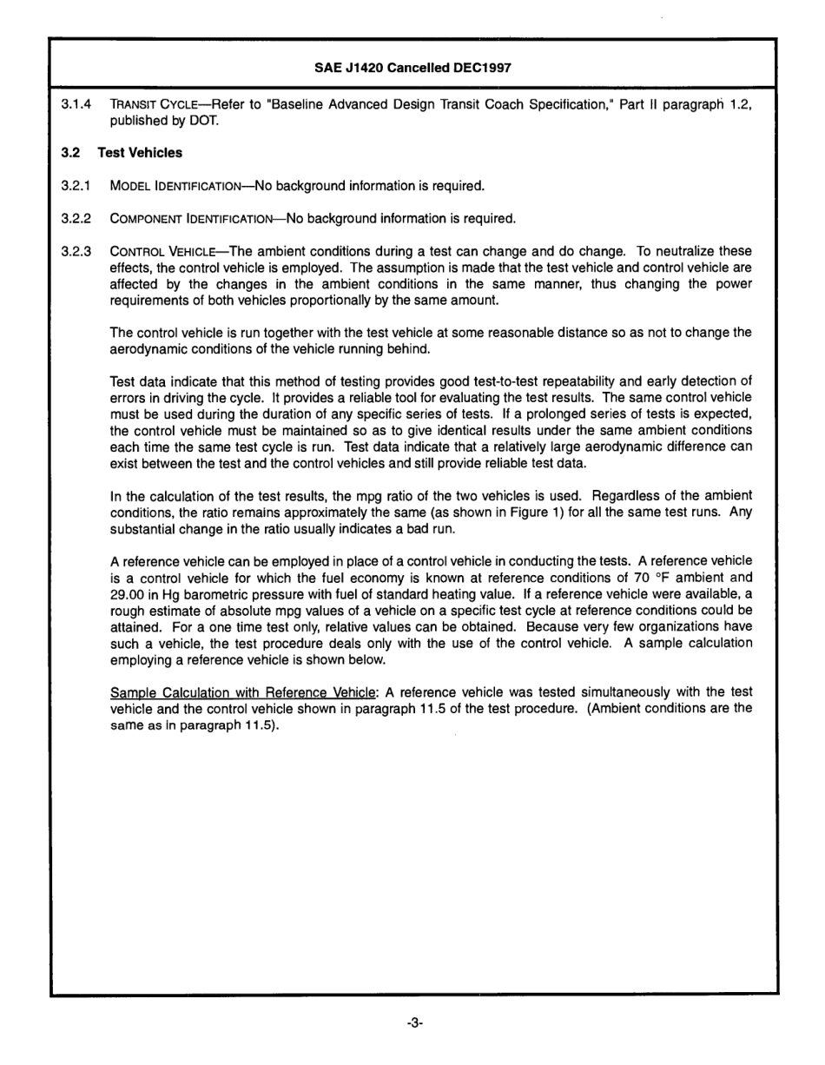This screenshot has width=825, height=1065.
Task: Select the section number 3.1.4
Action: coord(76,105)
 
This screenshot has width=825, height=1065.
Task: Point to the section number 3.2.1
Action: coord(76,186)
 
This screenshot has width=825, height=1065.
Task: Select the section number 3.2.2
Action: coord(76,218)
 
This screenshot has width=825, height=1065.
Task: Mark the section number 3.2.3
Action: coord(76,251)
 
